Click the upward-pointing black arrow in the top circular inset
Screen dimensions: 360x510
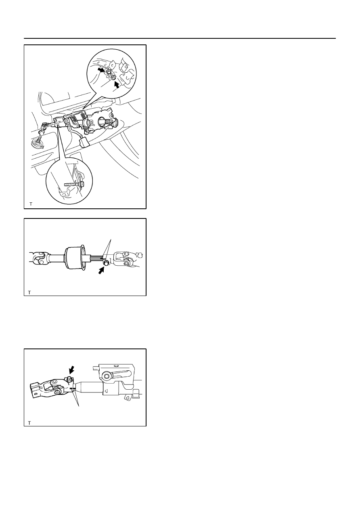117,85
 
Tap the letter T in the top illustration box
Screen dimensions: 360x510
31,204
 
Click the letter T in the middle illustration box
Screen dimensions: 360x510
29,293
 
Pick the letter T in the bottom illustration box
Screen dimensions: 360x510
29,423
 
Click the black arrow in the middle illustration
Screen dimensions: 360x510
101,271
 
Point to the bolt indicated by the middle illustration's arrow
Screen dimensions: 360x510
106,263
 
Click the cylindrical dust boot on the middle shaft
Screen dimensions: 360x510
75,258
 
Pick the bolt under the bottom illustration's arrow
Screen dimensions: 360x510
69,379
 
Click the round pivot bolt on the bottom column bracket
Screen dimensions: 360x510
106,376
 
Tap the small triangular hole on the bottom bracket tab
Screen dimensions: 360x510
128,397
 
